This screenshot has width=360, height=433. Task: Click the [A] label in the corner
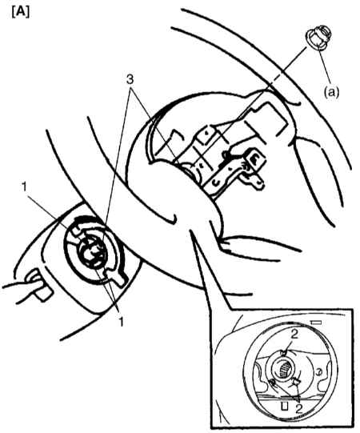click(21, 12)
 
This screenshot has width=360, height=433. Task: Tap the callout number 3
click(130, 79)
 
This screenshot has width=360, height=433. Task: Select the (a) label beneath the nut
click(331, 93)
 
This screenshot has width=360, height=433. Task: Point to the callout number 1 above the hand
click(24, 187)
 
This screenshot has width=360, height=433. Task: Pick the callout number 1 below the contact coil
click(121, 322)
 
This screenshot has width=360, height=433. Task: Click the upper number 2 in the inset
click(295, 335)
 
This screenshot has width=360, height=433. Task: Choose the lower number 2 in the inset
click(298, 408)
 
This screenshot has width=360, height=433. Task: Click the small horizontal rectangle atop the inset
click(317, 323)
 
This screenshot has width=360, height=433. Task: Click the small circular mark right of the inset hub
click(318, 372)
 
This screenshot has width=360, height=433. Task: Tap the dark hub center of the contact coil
click(93, 253)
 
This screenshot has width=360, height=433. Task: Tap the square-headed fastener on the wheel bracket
click(254, 159)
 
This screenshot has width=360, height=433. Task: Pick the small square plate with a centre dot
click(205, 134)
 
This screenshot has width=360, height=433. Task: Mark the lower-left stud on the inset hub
click(273, 382)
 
